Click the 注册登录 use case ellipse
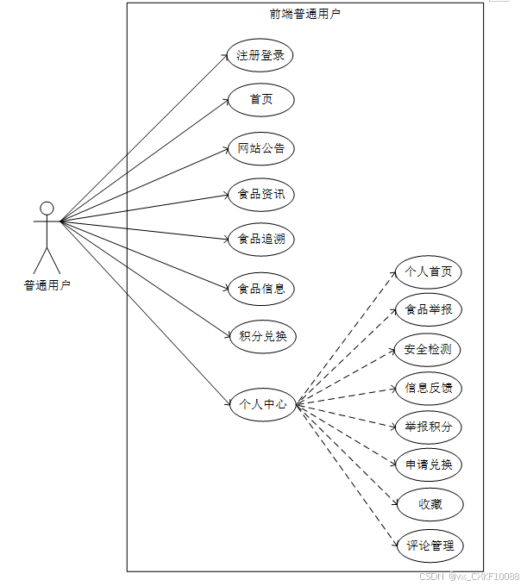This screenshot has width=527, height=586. tap(261, 56)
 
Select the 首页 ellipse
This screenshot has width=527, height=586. tap(261, 100)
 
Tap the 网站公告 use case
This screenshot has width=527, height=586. tap(261, 148)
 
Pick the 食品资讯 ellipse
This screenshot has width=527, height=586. tap(261, 195)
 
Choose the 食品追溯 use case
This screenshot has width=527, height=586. tap(261, 239)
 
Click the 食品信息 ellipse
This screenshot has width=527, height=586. tap(261, 288)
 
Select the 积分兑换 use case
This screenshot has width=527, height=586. tap(261, 335)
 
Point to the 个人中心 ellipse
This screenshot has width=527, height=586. tap(262, 402)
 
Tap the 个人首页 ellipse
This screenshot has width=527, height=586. tap(429, 272)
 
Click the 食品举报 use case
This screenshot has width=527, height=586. tap(429, 309)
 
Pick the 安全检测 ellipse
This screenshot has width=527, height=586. tap(429, 349)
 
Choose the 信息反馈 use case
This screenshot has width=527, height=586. tap(429, 388)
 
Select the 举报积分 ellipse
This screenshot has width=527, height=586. tap(429, 426)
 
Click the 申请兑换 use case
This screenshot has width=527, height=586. tap(429, 465)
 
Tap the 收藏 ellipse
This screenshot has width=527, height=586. tap(429, 504)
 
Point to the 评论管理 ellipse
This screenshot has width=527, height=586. tap(429, 545)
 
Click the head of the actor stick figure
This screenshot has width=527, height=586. tap(47, 208)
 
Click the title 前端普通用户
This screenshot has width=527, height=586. tap(304, 14)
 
